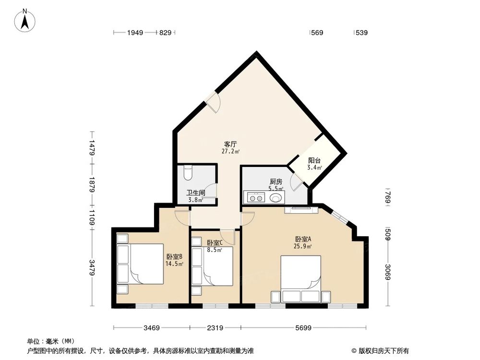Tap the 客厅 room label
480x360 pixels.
click(x=231, y=144)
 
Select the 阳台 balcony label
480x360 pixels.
click(x=314, y=161)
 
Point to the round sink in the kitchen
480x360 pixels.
click(x=276, y=197)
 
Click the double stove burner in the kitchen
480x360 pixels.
click(x=255, y=197)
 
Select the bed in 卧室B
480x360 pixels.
click(x=146, y=264)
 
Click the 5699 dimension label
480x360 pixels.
click(x=304, y=328)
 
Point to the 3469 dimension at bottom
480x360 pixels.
click(x=151, y=328)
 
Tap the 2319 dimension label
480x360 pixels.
click(x=215, y=328)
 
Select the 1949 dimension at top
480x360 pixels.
click(x=136, y=33)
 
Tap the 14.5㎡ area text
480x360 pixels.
click(x=174, y=264)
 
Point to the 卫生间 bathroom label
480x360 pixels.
click(x=196, y=193)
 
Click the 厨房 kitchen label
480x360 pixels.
click(x=276, y=181)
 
